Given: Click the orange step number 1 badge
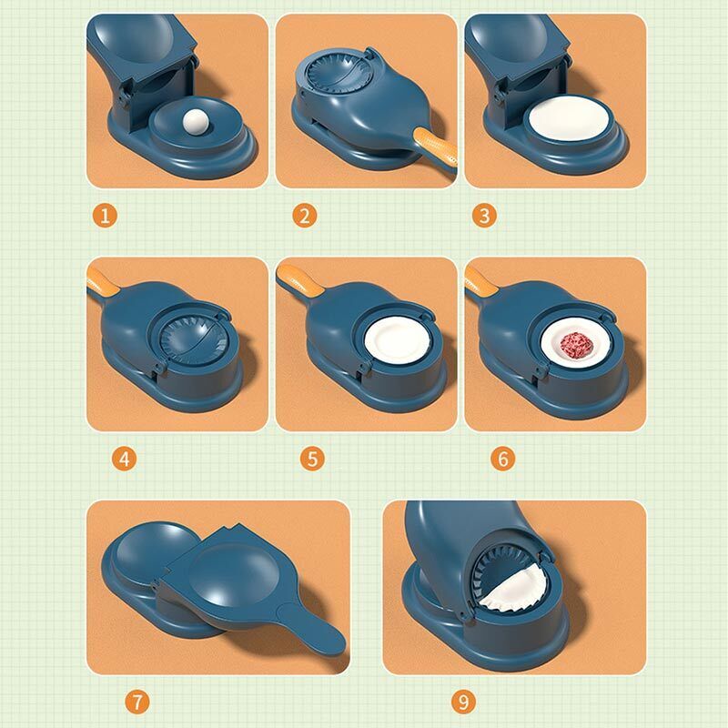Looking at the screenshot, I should [x=106, y=217].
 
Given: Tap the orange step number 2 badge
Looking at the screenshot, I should [x=304, y=217].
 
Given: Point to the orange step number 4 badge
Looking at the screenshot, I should [x=126, y=458].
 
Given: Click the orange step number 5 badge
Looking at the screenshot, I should [x=313, y=458].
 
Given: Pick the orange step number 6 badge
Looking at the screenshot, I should [x=501, y=458].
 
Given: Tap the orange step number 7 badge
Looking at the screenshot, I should [x=136, y=702].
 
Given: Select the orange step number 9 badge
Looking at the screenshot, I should [x=463, y=702].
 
